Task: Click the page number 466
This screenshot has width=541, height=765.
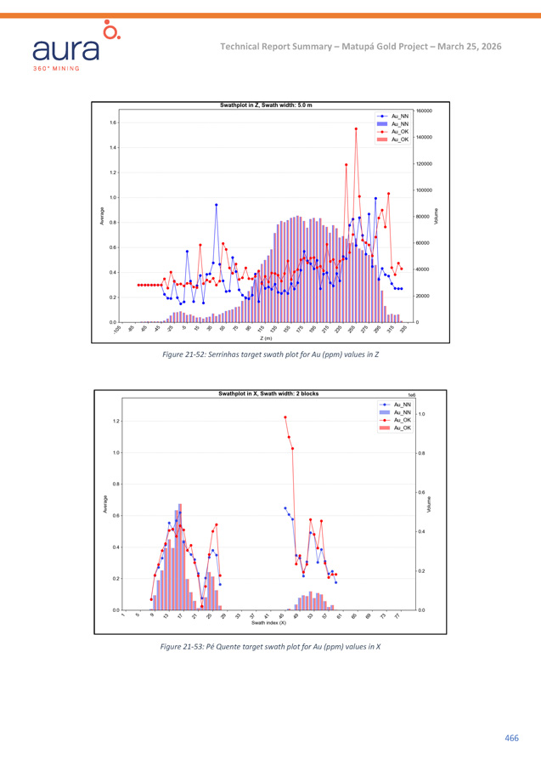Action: click(x=511, y=738)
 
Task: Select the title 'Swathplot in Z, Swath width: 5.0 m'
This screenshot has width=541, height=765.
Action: click(x=266, y=105)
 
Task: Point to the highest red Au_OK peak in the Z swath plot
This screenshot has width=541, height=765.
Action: click(x=356, y=129)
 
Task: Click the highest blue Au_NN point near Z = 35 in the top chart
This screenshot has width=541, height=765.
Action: click(x=217, y=205)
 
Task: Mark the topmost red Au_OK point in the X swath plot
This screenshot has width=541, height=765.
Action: click(x=285, y=417)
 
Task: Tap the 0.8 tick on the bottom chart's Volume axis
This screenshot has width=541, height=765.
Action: click(x=423, y=453)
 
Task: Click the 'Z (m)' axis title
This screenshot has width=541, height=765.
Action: click(x=266, y=338)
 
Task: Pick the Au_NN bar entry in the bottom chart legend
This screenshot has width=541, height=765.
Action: click(x=401, y=412)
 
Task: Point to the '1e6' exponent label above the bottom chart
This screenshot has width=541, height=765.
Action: click(x=412, y=395)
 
